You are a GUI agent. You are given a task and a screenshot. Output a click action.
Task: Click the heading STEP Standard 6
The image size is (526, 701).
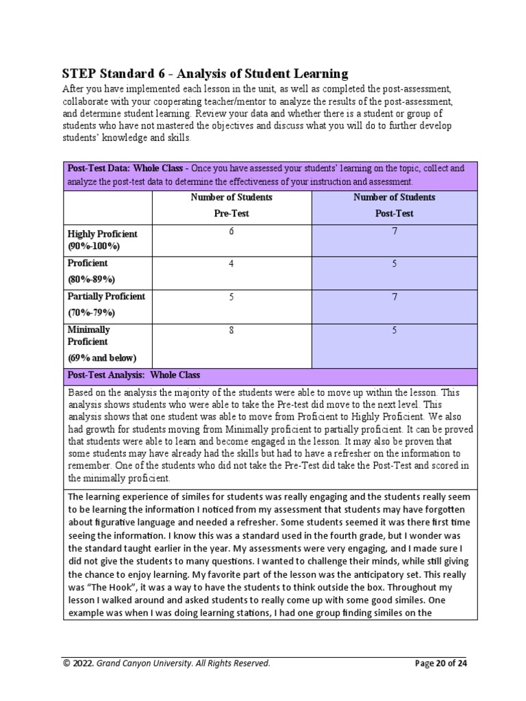[x=205, y=74]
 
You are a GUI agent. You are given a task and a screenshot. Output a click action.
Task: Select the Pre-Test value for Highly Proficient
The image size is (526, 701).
[x=231, y=231]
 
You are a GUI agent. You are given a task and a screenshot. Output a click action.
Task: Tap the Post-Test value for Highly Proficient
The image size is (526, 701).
[x=394, y=231]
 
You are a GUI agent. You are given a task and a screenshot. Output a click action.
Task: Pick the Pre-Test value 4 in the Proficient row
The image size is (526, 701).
[x=231, y=264]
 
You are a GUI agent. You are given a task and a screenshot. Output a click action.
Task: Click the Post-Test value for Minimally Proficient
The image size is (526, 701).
[x=394, y=331]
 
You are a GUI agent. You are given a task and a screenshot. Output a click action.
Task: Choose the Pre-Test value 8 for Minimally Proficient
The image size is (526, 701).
[x=231, y=331]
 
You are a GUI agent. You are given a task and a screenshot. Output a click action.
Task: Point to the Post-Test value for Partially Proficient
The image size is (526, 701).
[x=394, y=297]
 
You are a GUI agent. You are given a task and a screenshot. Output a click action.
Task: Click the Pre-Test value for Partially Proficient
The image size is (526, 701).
[x=231, y=297]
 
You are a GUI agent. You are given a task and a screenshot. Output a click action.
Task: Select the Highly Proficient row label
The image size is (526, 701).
[x=102, y=234]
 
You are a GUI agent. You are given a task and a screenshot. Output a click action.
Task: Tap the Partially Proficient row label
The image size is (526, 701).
[x=106, y=296]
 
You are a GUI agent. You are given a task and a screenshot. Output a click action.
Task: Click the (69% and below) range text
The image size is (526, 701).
[x=101, y=357]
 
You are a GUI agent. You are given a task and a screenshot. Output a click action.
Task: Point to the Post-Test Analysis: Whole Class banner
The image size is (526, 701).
[x=134, y=375]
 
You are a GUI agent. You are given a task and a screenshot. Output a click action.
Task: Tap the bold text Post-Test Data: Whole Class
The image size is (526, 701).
[x=127, y=168]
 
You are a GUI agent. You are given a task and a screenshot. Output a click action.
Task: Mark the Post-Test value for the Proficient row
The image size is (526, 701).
[x=394, y=264]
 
